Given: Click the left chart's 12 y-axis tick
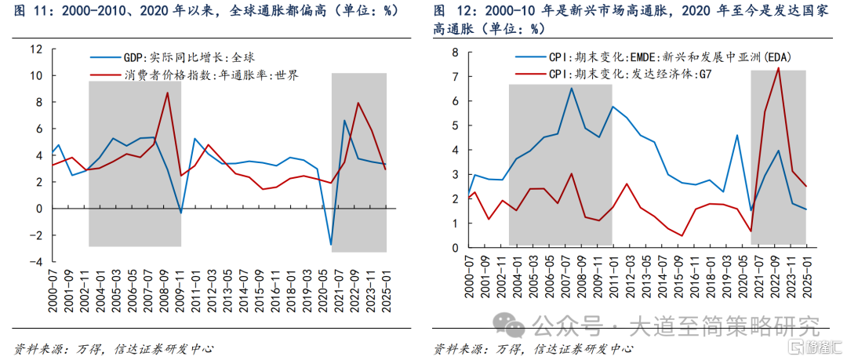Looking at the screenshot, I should click(x=36, y=49).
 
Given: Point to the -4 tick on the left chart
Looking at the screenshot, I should click(x=36, y=262).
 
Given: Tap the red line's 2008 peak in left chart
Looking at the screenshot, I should click(x=167, y=93).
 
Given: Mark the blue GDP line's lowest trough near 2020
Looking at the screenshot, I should click(x=331, y=245).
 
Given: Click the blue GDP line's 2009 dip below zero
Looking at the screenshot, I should click(x=181, y=213).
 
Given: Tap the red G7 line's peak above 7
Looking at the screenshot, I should click(x=777, y=67).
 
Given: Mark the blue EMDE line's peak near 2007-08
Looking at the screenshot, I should click(x=571, y=88).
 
